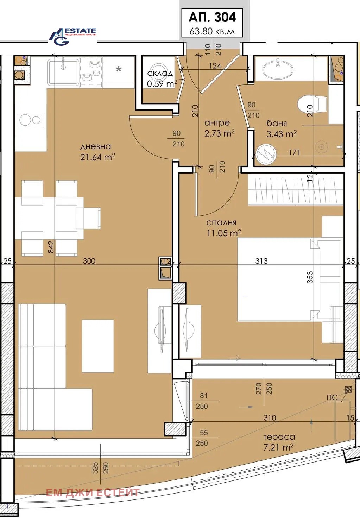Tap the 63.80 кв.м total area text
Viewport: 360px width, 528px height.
(212, 31)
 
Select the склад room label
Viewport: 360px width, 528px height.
(160, 74)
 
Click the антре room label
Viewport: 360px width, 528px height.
(217, 123)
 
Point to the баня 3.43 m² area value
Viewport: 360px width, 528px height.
(281, 134)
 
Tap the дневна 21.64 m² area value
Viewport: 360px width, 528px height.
(97, 157)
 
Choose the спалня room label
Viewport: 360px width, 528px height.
(221, 223)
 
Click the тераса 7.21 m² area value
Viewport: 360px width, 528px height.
(278, 447)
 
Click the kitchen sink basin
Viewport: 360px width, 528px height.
(63, 72)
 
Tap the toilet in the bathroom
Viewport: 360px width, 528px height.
(312, 104)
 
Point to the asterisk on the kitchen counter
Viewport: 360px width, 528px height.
(119, 69)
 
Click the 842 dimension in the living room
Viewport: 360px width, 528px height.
(51, 247)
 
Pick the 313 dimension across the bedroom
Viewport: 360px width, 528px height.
(261, 261)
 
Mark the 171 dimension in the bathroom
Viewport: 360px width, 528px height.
(295, 152)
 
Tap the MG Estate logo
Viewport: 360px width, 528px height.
(72, 36)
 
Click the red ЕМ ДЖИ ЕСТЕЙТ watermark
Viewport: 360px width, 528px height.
(93, 493)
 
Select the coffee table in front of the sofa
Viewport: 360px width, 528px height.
(98, 346)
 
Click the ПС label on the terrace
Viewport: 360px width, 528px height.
(332, 397)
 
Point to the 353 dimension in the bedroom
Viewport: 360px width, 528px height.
(310, 277)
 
